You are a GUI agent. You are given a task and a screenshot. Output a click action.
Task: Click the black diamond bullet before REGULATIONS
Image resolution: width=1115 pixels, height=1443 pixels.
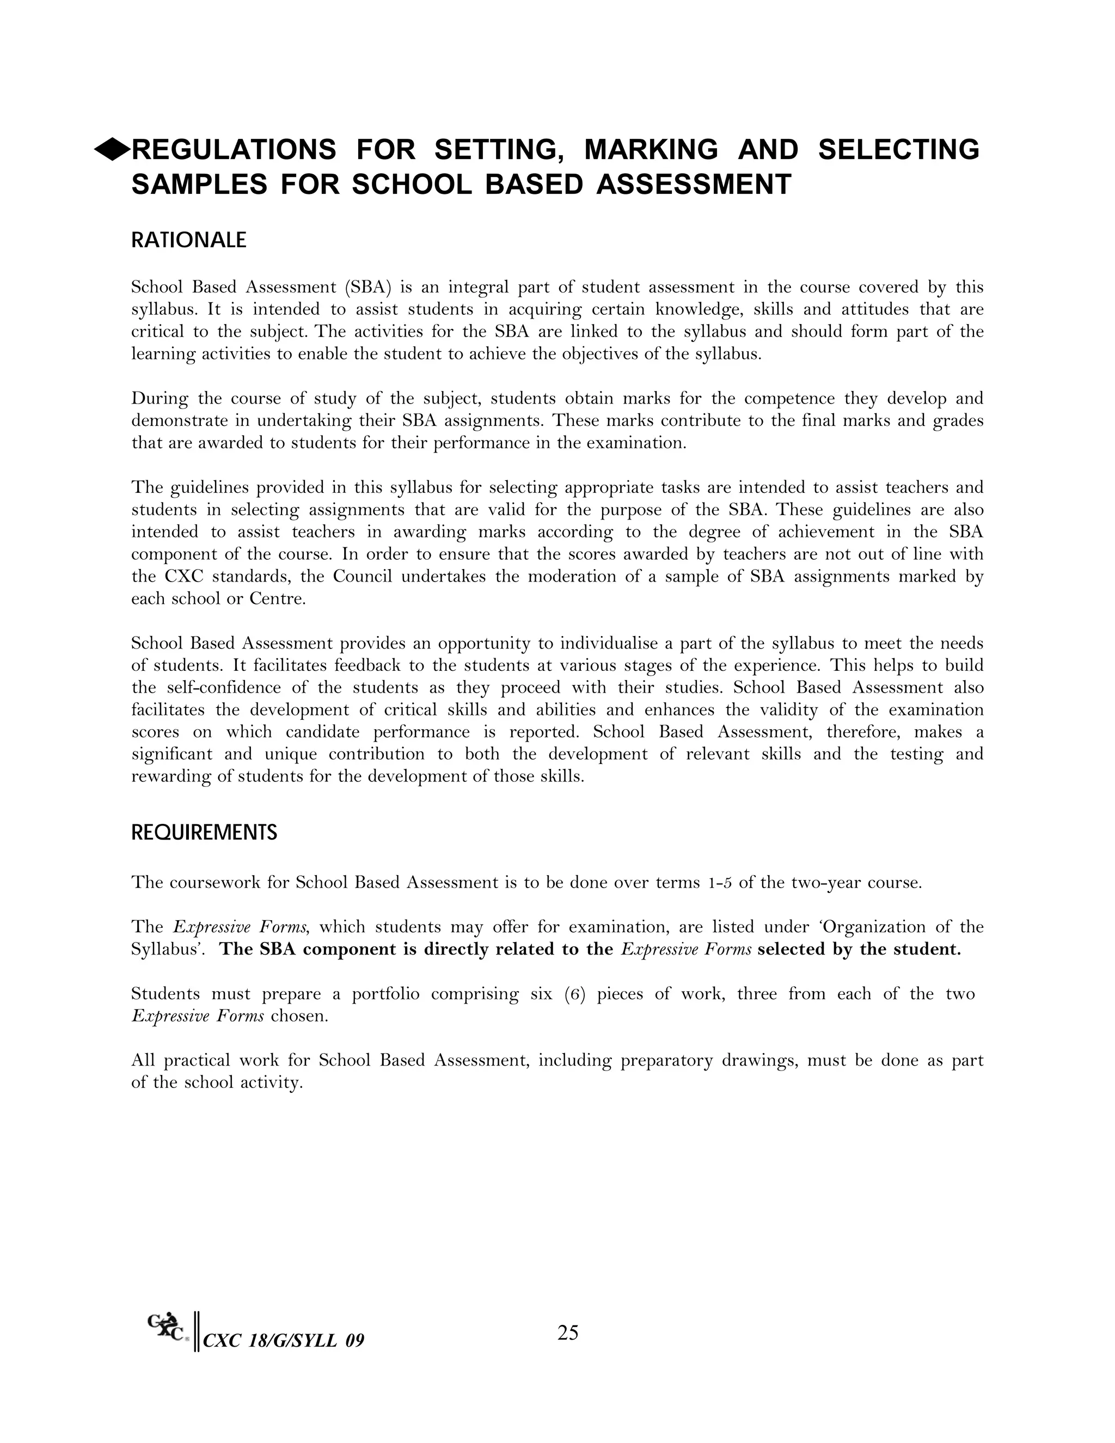pos(112,150)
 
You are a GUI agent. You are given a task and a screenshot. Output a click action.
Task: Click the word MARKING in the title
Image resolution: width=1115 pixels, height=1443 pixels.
pos(651,150)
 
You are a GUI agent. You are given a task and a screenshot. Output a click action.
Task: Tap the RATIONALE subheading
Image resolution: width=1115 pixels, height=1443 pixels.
pos(188,240)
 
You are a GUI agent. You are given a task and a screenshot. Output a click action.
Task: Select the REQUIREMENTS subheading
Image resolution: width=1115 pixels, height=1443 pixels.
pos(204,833)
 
